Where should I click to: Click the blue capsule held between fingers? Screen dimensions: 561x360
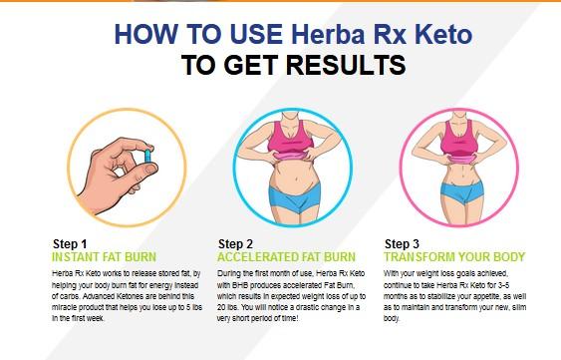pos(147,157)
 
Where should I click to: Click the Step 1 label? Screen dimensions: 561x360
pos(70,244)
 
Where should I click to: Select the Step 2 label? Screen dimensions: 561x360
pos(235,244)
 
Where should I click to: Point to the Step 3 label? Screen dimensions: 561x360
pos(402,244)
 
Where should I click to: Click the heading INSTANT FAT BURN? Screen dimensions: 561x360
pos(104,257)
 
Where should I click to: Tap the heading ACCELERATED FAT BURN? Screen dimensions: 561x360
pos(287,257)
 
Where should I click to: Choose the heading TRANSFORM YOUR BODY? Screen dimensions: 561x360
pos(454,257)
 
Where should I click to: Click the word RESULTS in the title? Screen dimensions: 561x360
pos(346,65)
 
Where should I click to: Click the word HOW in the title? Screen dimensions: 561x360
pos(145,34)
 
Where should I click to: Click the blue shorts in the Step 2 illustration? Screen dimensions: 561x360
pos(294,197)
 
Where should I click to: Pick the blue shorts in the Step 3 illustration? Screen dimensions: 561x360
pos(461,191)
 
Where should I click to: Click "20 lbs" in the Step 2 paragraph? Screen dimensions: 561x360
pos(227,307)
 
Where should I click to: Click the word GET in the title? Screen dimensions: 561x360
pos(251,65)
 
